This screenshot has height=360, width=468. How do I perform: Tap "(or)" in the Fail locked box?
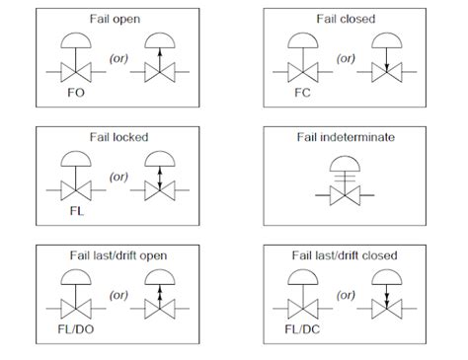pyautogui.click(x=117, y=178)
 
